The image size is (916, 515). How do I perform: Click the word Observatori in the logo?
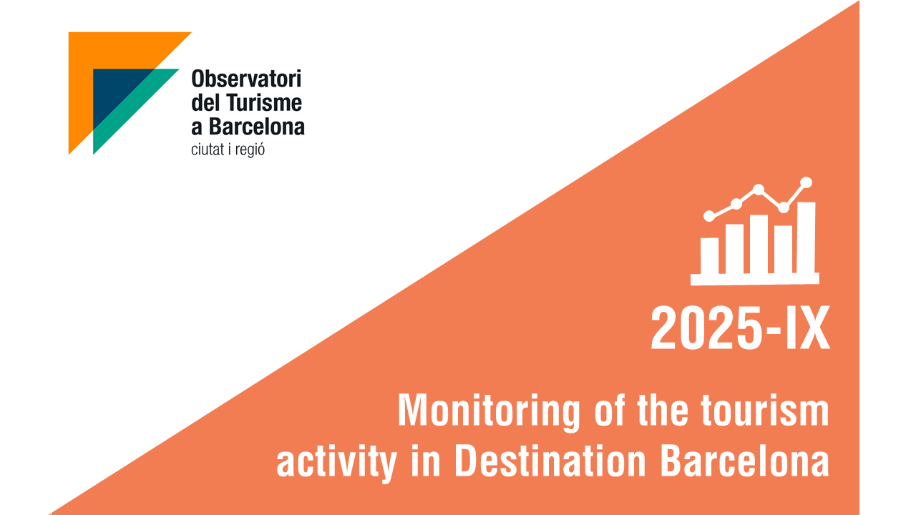246,79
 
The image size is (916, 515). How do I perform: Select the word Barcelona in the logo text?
257,127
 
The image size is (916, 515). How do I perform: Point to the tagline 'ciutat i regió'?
228,149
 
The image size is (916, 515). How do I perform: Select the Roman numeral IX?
807,328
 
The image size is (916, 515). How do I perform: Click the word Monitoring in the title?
489,411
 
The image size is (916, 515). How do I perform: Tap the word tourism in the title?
765,411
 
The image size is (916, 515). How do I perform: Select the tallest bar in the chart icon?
806,238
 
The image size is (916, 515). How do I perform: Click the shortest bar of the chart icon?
709,256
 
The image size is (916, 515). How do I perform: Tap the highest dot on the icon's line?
806,182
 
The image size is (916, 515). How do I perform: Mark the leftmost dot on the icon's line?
709,216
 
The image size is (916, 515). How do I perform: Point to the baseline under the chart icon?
755,279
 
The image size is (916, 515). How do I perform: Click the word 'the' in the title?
663,411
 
